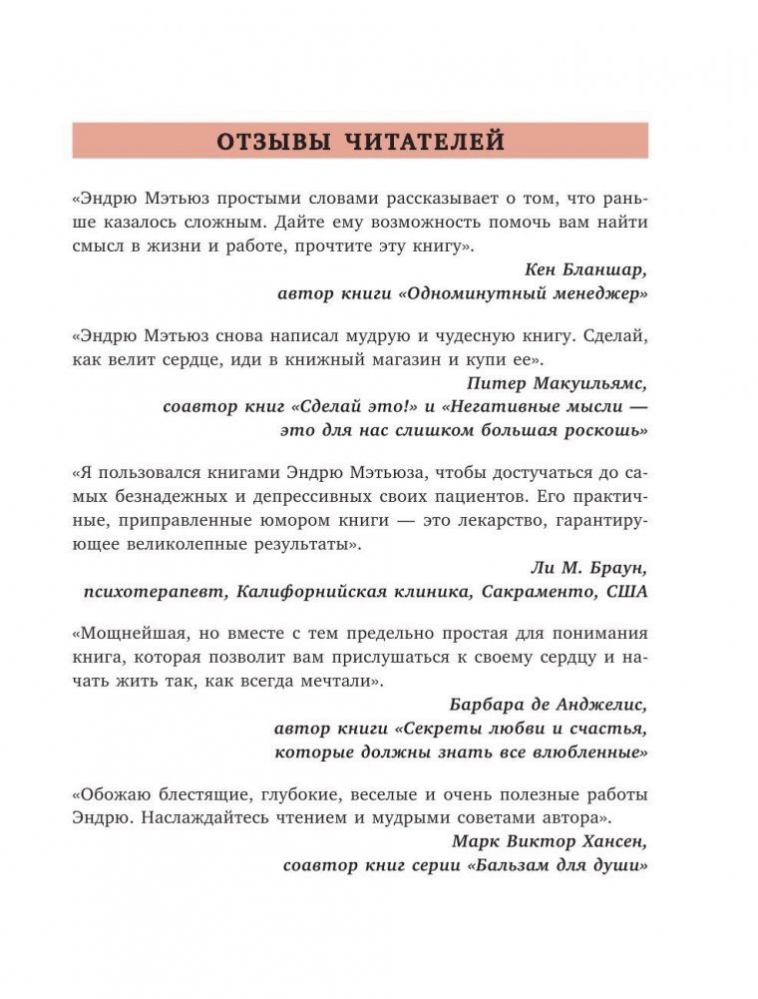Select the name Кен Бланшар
tap(585, 269)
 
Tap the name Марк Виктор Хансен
tap(550, 842)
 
